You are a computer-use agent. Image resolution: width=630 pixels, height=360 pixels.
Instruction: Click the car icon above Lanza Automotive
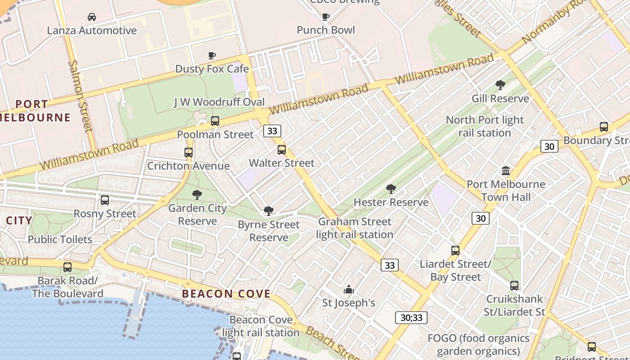pos(92,17)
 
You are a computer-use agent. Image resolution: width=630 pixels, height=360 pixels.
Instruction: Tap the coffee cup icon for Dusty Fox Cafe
pos(212,55)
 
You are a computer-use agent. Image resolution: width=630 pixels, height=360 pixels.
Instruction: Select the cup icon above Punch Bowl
pos(326,17)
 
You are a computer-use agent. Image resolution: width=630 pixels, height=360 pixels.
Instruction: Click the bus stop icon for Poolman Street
pos(215,121)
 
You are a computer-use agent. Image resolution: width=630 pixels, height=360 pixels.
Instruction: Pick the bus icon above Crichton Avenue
pos(189,152)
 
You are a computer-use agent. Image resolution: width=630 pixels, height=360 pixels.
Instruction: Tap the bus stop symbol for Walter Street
pos(282,149)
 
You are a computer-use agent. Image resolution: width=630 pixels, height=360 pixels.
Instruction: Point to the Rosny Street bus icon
pos(105,200)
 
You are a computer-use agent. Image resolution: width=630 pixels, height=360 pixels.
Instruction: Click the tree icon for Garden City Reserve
pos(197,195)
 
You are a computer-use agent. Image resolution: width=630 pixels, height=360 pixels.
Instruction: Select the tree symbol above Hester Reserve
pos(391,189)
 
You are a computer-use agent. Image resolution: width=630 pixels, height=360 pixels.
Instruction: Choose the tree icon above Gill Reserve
pos(500,85)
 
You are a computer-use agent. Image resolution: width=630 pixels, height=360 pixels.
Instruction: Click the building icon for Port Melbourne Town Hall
pos(506,171)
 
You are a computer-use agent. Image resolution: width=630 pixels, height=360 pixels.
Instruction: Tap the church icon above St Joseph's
pos(349,289)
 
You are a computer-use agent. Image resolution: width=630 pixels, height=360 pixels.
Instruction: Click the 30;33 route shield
pos(411,318)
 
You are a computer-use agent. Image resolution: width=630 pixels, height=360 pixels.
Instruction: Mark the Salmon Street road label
pos(80,95)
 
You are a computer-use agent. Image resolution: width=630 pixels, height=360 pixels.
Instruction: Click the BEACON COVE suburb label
pos(226,294)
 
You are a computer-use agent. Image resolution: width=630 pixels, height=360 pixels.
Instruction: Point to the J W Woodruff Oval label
pos(219,102)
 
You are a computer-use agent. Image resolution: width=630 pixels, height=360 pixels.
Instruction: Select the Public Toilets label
pos(60,239)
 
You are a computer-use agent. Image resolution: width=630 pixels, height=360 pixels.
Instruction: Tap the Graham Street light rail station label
pos(355,228)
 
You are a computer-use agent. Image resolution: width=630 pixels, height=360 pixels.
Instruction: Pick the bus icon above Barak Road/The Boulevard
pos(67,267)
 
